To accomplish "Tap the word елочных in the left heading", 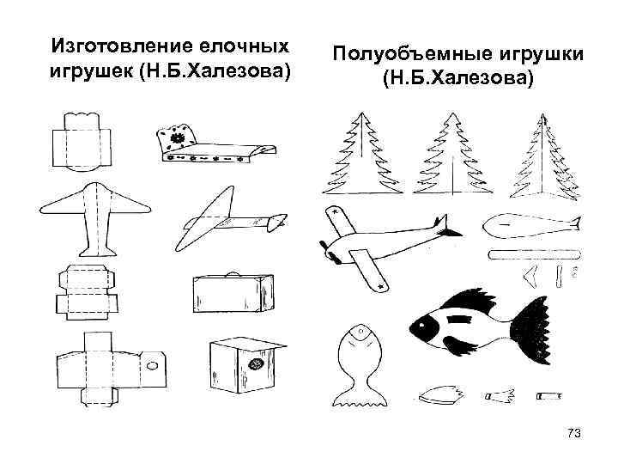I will (x=241, y=45).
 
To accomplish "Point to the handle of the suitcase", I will (x=231, y=275).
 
